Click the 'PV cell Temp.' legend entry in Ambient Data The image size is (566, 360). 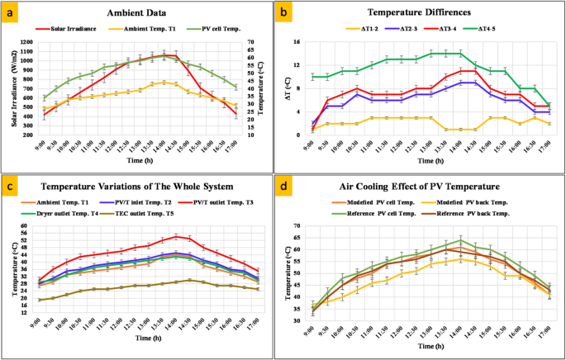tap(215, 31)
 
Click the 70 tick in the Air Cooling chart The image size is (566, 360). tap(307, 226)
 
